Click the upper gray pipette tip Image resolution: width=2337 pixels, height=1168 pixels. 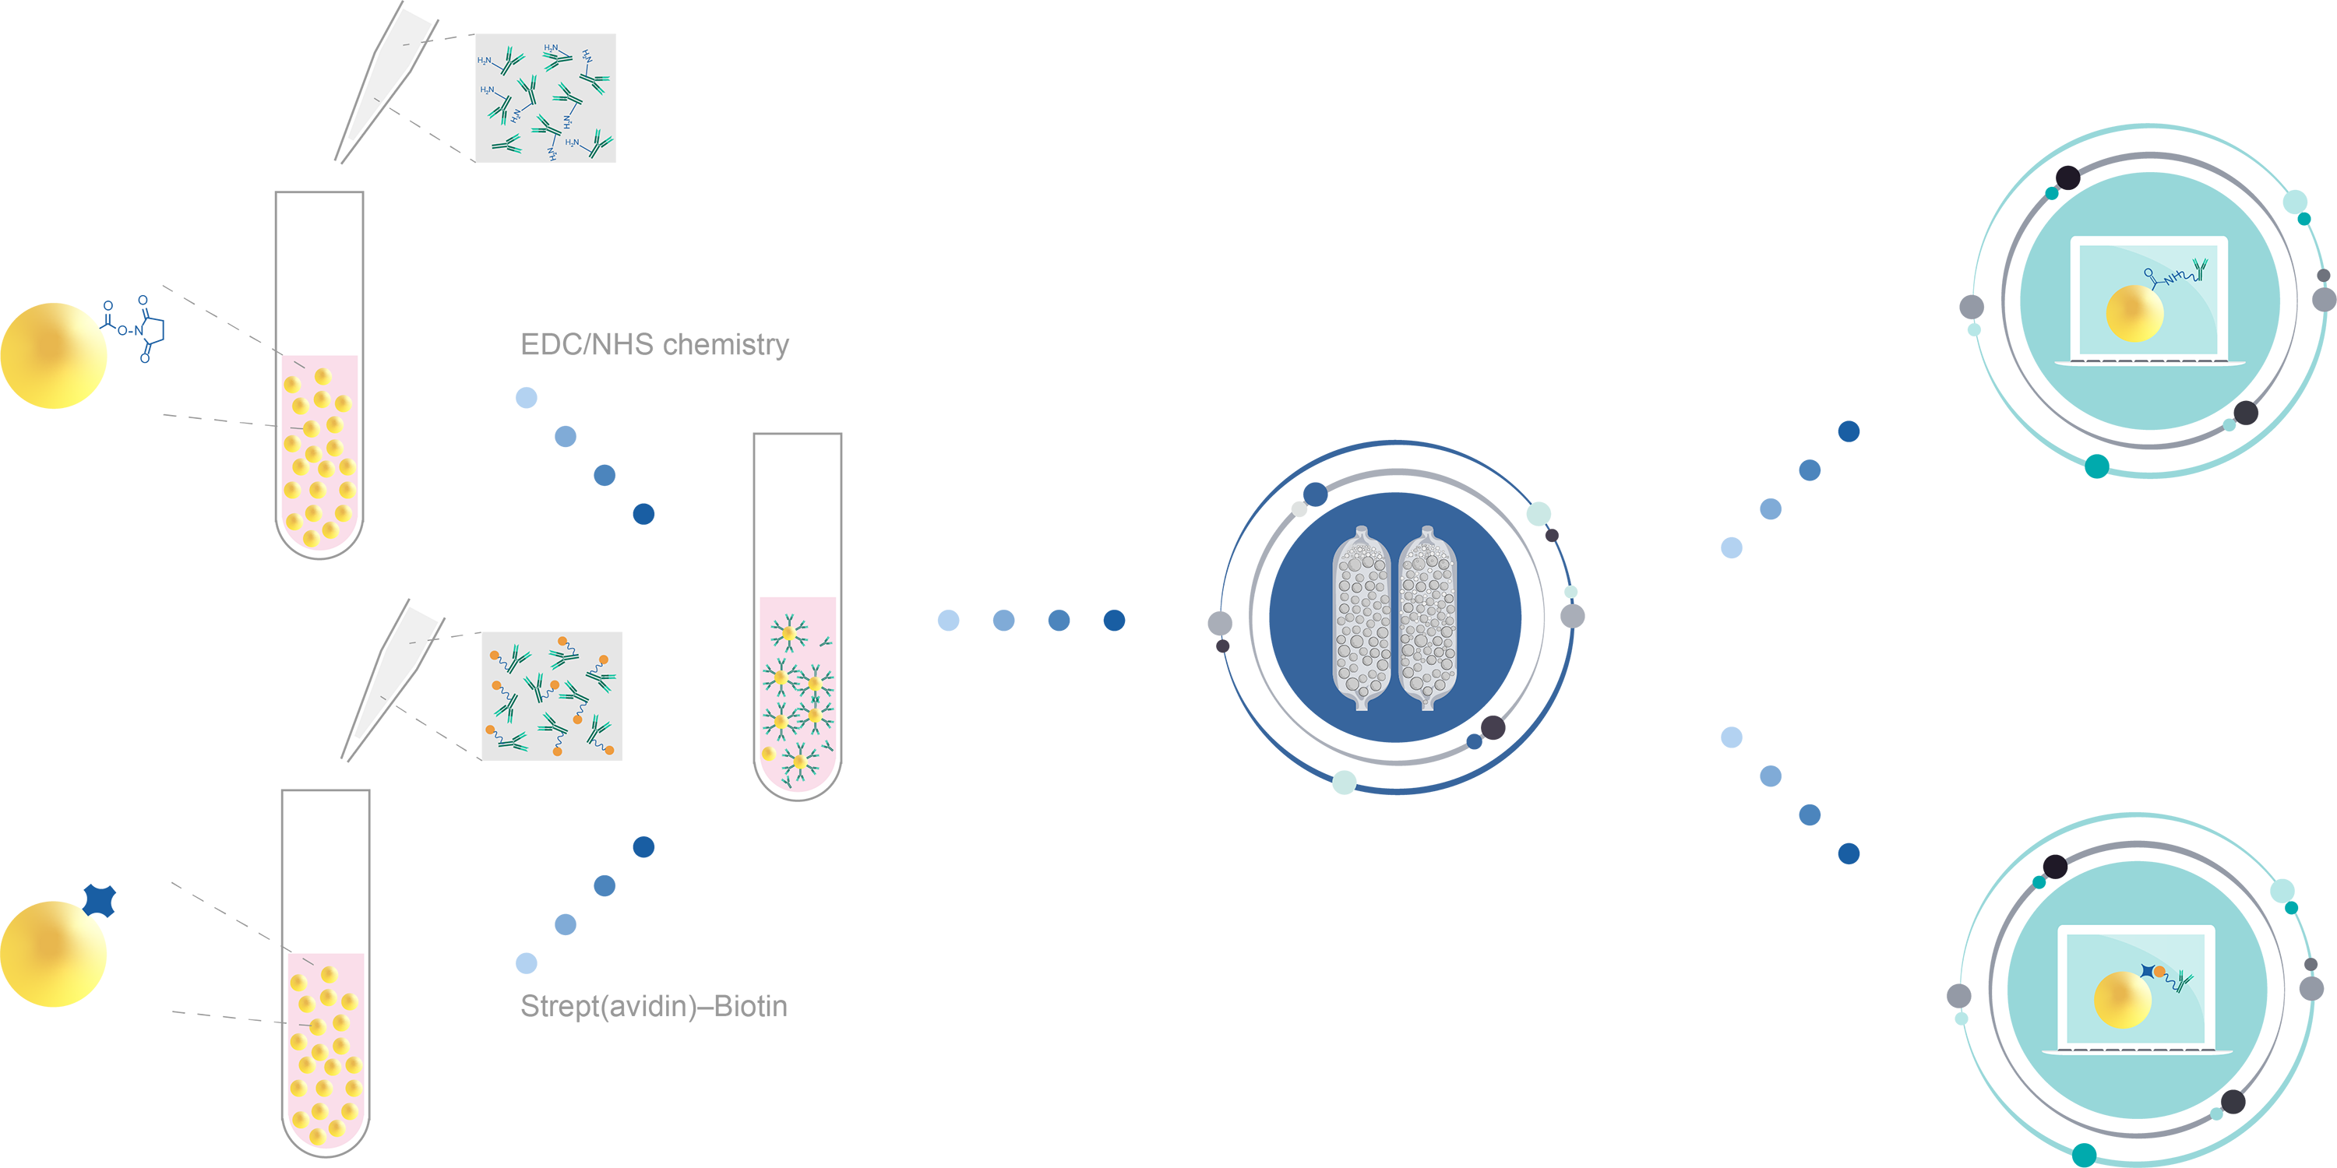pyautogui.click(x=388, y=72)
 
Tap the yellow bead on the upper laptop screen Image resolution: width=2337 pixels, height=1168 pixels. pyautogui.click(x=2134, y=313)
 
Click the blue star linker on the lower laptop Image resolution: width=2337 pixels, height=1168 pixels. pyautogui.click(x=2148, y=971)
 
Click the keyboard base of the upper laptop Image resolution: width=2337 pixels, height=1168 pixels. pyautogui.click(x=2149, y=362)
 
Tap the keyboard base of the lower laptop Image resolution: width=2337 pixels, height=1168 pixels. pyautogui.click(x=2137, y=1050)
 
